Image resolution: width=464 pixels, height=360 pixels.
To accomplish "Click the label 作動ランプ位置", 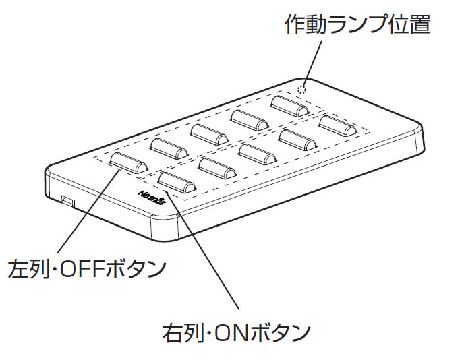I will (357, 25).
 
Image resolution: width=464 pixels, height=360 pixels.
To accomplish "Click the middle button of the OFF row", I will (208, 131).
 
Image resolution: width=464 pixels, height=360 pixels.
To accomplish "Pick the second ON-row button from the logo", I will (216, 166).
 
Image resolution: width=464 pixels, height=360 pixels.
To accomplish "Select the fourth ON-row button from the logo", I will (297, 139).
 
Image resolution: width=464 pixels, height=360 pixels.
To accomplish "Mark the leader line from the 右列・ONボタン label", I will (202, 249).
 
